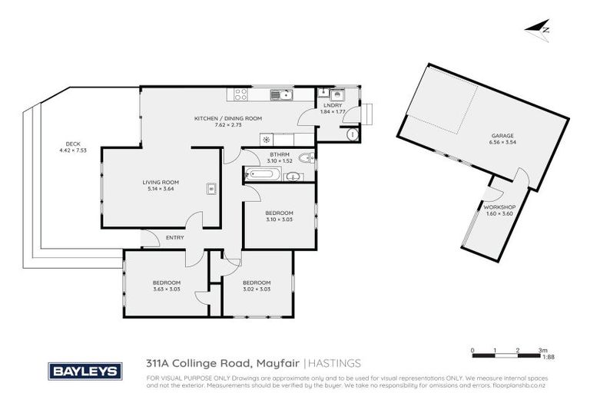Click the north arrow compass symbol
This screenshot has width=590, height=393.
(x=538, y=28)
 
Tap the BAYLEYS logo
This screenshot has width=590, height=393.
(x=85, y=371)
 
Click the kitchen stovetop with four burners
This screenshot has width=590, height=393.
(x=240, y=95)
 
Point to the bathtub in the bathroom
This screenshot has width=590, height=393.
(x=260, y=175)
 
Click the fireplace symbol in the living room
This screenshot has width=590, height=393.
(x=210, y=188)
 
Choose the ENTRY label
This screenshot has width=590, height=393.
(x=175, y=238)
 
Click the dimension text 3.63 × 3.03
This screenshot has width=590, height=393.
(x=167, y=290)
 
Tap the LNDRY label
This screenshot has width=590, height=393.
(x=333, y=105)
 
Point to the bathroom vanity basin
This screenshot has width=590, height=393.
(x=291, y=177)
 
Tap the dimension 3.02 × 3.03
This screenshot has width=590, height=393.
(x=257, y=290)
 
